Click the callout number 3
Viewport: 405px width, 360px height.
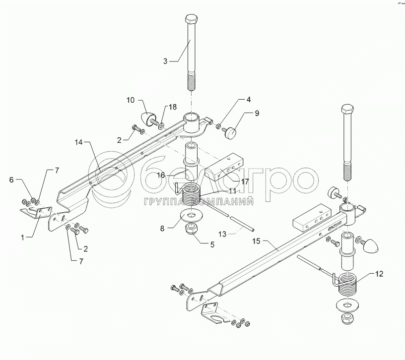tap(166, 61)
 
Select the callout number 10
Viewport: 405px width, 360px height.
tap(130, 100)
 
